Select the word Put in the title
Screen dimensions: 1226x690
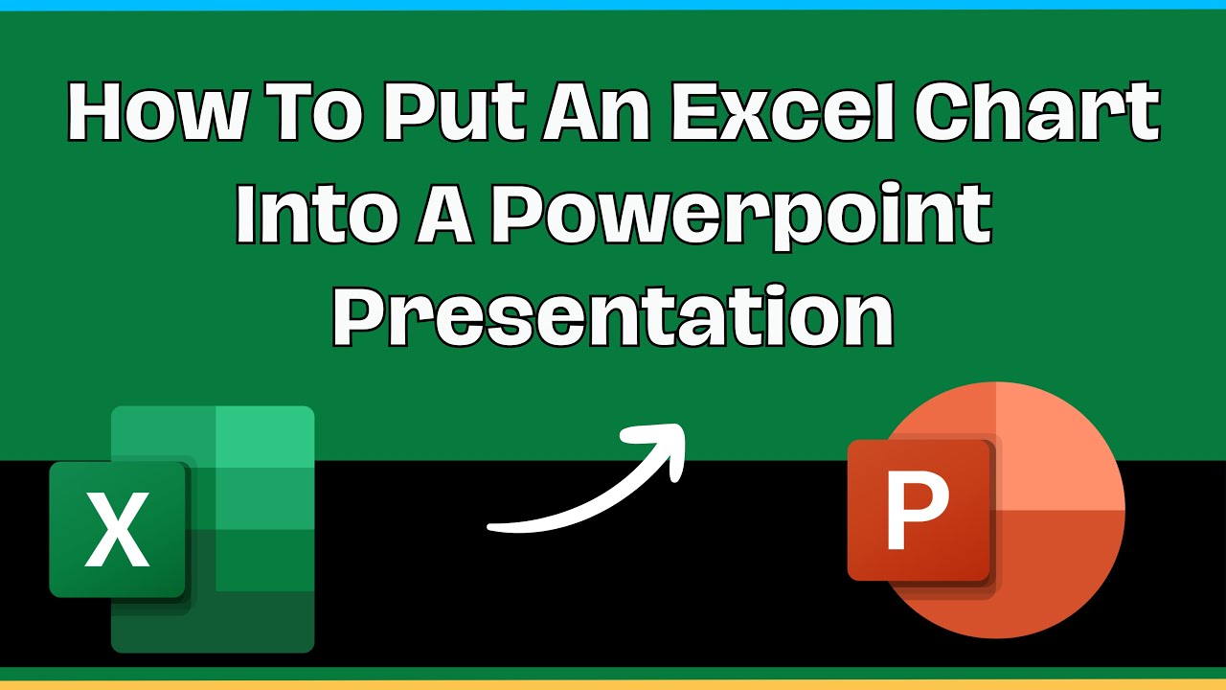[455, 112]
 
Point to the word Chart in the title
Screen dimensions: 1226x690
[1037, 112]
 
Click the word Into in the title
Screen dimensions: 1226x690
[317, 214]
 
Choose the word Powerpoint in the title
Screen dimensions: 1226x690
[741, 218]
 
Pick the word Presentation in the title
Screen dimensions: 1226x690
[614, 316]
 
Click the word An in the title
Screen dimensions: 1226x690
[597, 112]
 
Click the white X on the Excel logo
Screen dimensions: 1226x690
[117, 529]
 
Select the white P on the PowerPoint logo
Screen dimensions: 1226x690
[918, 511]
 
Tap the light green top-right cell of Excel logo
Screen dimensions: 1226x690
[265, 436]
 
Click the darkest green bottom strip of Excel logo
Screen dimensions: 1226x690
[213, 622]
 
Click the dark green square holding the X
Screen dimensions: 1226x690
[117, 529]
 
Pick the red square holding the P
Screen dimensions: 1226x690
[919, 511]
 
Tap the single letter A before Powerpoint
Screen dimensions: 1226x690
[443, 214]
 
